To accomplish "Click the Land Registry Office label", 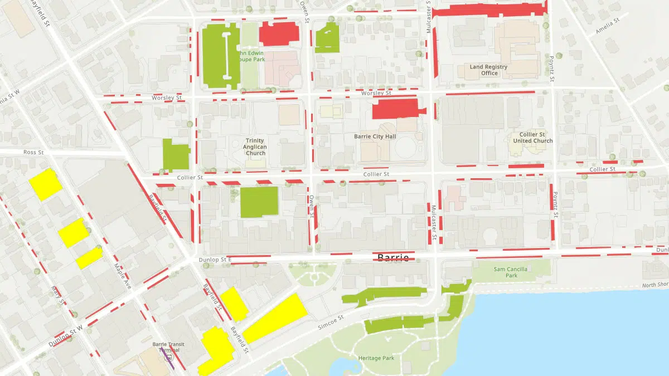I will point(488,70).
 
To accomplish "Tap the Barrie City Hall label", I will point(375,136).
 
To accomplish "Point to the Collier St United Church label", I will point(533,138).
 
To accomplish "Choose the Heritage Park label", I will point(376,358).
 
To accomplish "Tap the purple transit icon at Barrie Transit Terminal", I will point(170,357).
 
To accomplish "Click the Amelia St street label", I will point(607,26).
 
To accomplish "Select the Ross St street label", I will point(33,152).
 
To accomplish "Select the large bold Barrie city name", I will point(393,257).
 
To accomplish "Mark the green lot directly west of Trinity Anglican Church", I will point(176,154).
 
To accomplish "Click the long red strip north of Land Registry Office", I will point(488,9).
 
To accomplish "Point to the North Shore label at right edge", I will point(655,285).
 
